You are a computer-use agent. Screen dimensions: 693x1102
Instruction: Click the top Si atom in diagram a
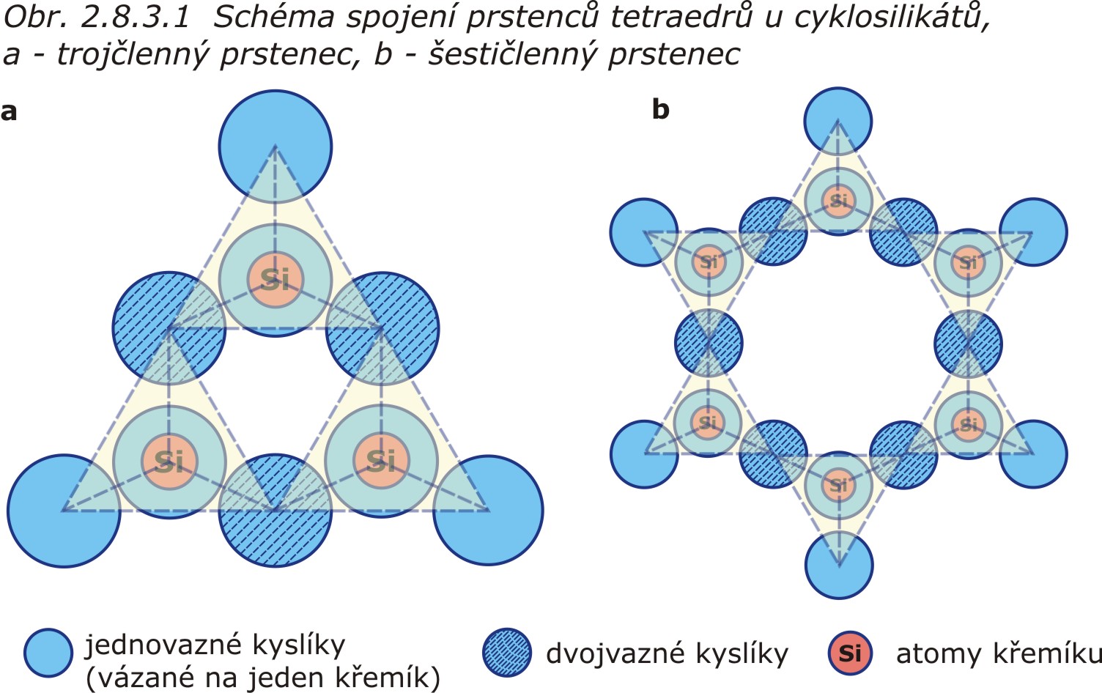tap(275, 279)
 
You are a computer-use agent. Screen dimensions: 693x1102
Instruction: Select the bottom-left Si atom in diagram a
tap(169, 461)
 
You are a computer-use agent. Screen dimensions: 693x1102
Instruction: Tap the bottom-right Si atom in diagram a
tap(381, 460)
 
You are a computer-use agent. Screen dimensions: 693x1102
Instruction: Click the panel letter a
tap(9, 111)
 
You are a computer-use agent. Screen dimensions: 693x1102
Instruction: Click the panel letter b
tap(660, 110)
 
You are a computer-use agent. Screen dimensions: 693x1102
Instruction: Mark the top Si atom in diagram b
tap(838, 200)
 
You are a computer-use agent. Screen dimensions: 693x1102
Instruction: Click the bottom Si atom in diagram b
tap(838, 484)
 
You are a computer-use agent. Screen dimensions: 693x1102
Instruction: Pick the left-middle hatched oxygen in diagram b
tap(708, 342)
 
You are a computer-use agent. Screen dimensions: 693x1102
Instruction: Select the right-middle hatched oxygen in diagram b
tap(968, 342)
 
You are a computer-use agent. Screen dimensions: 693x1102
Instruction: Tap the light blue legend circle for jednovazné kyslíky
tap(48, 653)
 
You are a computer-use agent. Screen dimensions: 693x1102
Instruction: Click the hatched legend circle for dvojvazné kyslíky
tap(507, 653)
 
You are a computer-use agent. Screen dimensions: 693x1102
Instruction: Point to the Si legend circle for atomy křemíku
tap(850, 653)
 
